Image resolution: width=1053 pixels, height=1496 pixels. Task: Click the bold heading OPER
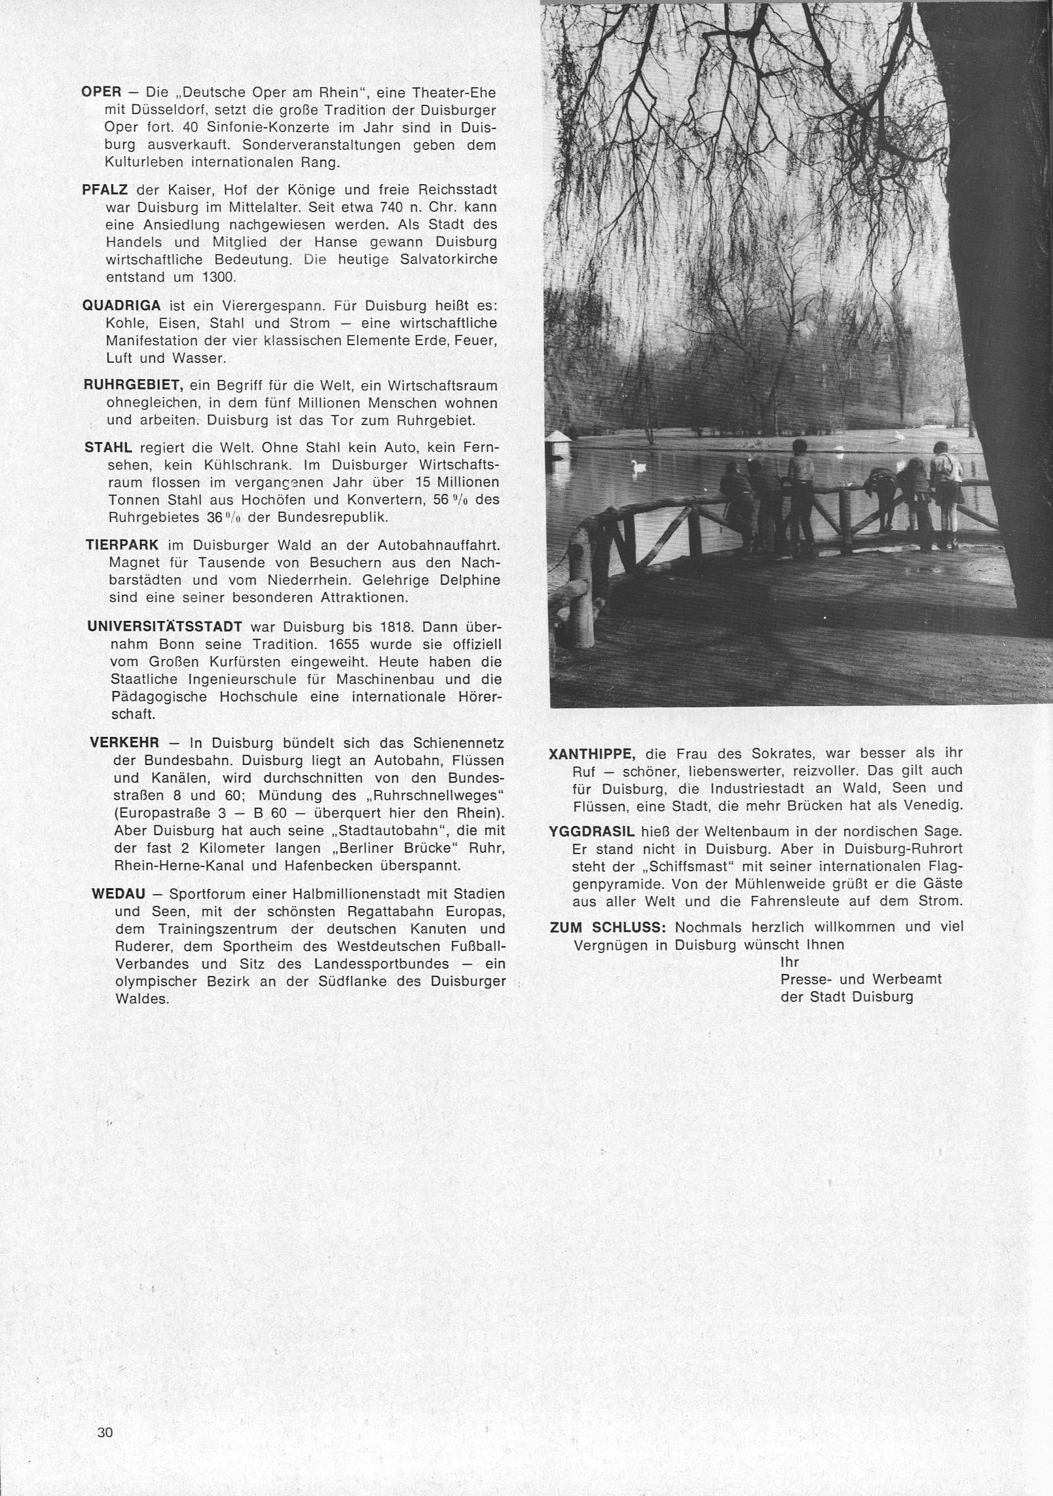pyautogui.click(x=102, y=92)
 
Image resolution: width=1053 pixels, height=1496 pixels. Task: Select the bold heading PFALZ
pyautogui.click(x=105, y=190)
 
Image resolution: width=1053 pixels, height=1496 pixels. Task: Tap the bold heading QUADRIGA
pyautogui.click(x=122, y=306)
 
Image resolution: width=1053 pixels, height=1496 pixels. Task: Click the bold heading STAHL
pyautogui.click(x=109, y=448)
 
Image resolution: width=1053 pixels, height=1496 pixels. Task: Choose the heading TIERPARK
pyautogui.click(x=124, y=545)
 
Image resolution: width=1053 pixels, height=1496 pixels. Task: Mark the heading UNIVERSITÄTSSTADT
pyautogui.click(x=164, y=627)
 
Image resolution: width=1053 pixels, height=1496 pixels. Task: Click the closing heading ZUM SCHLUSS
pyautogui.click(x=608, y=927)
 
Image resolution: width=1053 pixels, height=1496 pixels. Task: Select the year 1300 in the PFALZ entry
pyautogui.click(x=219, y=277)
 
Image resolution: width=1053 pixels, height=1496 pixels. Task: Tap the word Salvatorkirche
pyautogui.click(x=451, y=259)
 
